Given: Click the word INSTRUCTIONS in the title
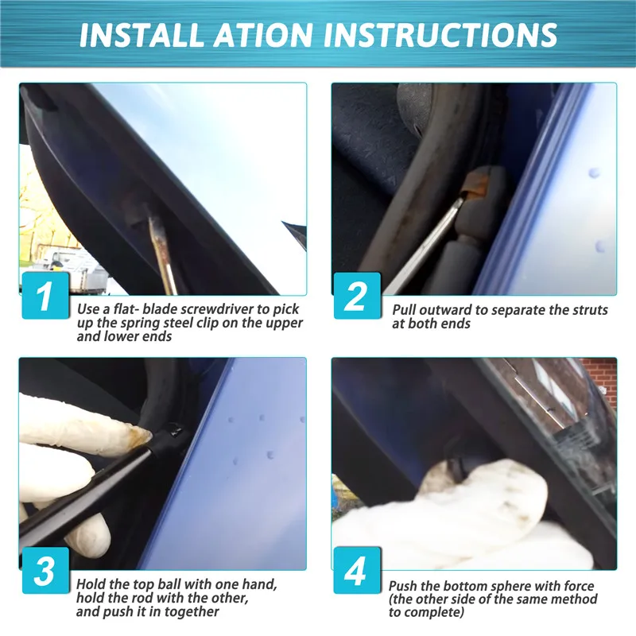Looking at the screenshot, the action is coord(440,34).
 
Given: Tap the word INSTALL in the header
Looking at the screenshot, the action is coord(142,34).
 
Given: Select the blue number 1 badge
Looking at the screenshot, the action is coord(45,295).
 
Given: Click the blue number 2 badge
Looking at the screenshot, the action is coord(357,295).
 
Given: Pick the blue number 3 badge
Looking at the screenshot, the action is coord(45,570).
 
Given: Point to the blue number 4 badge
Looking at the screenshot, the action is coord(357,570).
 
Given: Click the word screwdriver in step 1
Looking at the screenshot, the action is coord(216,309).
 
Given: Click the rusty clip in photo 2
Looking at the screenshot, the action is coord(473,188).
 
